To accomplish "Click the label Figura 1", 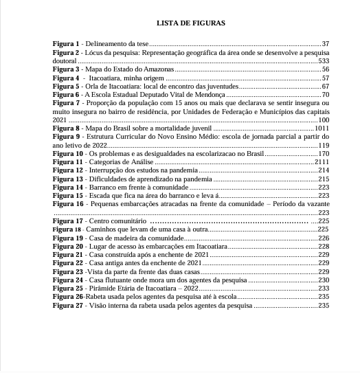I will coord(66,44).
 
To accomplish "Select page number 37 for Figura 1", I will coord(325,44).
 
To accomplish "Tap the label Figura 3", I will coord(66,69).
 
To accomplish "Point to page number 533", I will coord(324,61).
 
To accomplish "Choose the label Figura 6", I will coord(66,95).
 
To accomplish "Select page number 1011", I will coord(322,128).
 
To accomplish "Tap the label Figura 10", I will coord(68,154).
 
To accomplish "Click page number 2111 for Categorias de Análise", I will coord(322,162).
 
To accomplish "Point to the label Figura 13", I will coord(68,179).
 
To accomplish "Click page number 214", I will coord(324,170).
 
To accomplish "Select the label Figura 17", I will coord(68,221).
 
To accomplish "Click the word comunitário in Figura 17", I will coord(129,221).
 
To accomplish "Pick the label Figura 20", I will coord(68,246).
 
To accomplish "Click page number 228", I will coord(324,246).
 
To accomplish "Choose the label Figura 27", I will coord(68,305).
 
